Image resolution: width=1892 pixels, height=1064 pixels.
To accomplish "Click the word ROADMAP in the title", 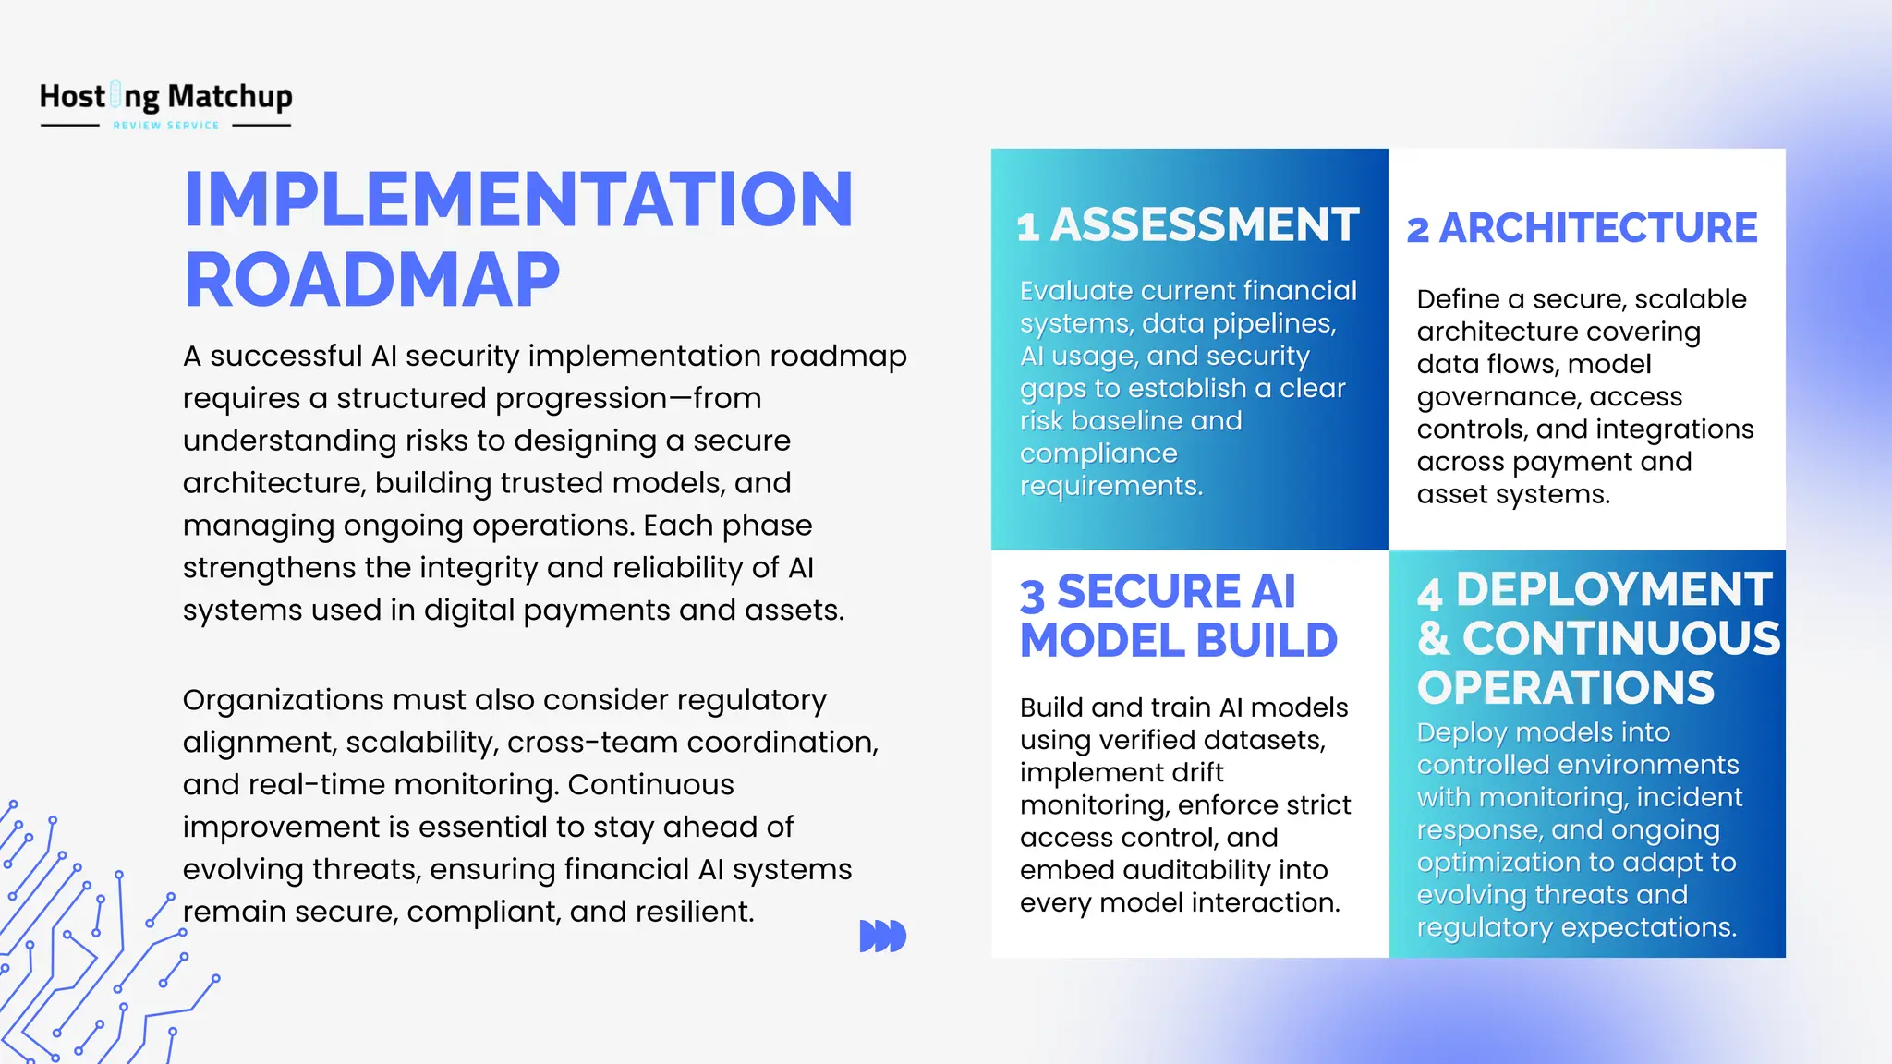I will [372, 280].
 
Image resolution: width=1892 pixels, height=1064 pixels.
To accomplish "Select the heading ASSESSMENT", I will [1205, 225].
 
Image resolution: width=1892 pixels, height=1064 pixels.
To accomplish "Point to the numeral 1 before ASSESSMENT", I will [1027, 227].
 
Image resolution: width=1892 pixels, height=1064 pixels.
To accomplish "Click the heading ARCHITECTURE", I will [1598, 228].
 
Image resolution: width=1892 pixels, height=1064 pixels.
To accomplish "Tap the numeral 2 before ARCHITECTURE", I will [1418, 230].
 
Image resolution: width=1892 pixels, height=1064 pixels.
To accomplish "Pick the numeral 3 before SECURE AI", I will [1032, 596].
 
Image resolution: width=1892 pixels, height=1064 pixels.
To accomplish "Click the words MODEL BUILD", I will [1179, 641].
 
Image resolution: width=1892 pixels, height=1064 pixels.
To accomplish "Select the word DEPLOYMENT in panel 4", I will [1614, 589].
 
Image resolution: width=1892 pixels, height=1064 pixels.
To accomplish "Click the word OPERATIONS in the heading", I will [1566, 688].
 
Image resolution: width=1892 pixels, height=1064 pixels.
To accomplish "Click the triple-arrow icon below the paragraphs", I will [882, 936].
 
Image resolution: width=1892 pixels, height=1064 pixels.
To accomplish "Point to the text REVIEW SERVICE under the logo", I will [166, 126].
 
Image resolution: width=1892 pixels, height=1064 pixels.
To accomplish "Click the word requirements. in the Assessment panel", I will [1111, 486].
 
